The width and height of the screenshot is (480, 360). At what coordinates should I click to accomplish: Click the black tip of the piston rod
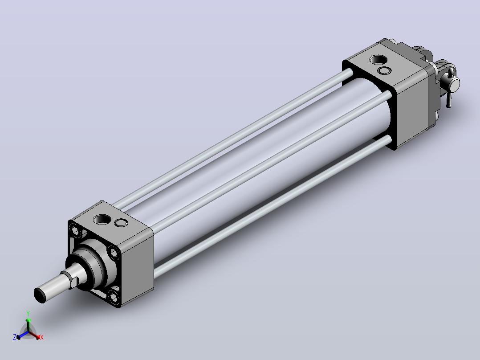(x=40, y=295)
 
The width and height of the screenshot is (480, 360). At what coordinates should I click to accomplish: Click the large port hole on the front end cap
(x=102, y=219)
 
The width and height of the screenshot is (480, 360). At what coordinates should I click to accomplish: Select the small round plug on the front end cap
(x=121, y=223)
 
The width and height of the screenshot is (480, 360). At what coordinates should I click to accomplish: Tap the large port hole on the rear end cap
(x=378, y=59)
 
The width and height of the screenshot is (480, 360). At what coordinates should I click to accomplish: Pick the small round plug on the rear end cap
(x=385, y=71)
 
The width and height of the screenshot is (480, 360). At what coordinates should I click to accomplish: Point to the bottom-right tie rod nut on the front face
(x=114, y=296)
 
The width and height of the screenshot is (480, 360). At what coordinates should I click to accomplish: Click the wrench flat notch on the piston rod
(x=73, y=281)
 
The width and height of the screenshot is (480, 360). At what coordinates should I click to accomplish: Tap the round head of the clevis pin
(x=455, y=84)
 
